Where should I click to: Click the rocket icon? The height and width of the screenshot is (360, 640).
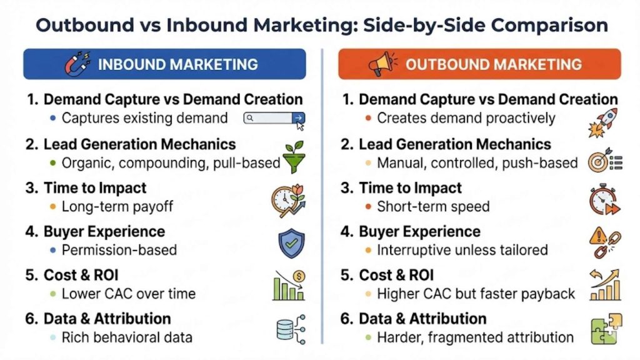(602, 122)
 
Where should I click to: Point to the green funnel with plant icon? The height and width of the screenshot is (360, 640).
(292, 156)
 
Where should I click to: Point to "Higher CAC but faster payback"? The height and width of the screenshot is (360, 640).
(476, 294)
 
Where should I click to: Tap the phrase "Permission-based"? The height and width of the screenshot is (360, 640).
(119, 250)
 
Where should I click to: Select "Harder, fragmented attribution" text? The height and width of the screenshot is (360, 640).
(475, 337)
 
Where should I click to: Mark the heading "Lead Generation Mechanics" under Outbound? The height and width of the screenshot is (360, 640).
(455, 144)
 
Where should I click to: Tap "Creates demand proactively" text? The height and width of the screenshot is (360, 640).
(466, 118)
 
